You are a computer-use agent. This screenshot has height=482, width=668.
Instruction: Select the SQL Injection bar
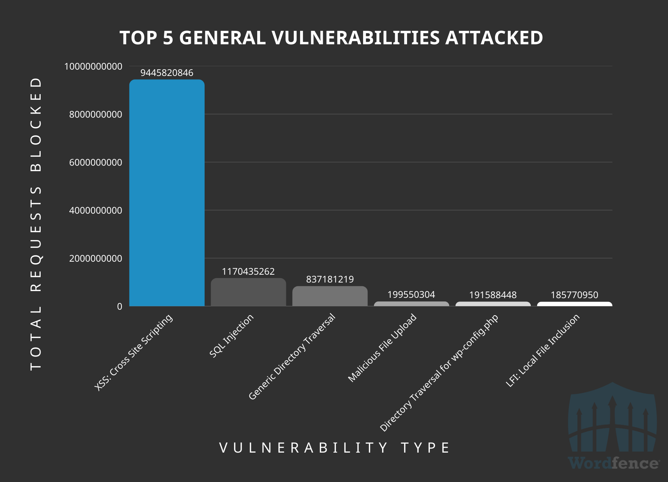248,293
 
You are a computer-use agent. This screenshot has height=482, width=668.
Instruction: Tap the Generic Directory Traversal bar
330,296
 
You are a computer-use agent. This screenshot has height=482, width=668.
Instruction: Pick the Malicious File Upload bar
411,304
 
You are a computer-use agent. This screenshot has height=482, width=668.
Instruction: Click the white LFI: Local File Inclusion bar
574,304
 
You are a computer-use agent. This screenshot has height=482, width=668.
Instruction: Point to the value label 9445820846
167,73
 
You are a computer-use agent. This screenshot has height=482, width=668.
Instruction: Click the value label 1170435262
248,271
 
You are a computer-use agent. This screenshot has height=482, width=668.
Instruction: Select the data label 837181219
330,279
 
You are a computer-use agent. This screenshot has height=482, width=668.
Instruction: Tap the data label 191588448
493,295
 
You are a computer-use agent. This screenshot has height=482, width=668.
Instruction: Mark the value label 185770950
574,295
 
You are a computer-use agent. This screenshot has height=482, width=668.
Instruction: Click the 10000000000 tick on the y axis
93,66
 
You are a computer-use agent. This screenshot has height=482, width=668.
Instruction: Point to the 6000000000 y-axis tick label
95,162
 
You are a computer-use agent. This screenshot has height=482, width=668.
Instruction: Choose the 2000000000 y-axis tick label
95,258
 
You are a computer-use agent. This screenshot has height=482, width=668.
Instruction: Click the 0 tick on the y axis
119,306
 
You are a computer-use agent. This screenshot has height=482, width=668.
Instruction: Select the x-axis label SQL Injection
231,336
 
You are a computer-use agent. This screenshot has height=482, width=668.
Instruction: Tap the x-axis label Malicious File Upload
382,348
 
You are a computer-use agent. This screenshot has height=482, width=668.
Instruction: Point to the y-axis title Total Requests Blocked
36,223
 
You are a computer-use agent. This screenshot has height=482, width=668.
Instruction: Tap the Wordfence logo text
613,463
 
